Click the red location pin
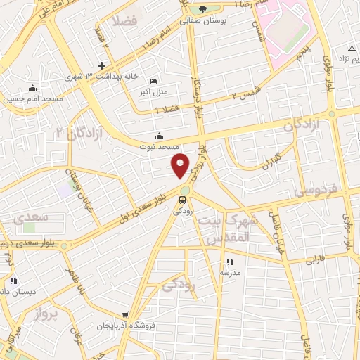pos(181,165)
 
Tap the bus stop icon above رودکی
pos(184,200)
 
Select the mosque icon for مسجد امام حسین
pos(32,89)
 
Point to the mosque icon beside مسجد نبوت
pos(159,136)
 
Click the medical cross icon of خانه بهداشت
pos(102,65)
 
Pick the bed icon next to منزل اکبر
pos(154,81)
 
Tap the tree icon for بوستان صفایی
pos(203,9)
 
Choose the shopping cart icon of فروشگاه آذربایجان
pos(125,316)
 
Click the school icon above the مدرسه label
pos(230,262)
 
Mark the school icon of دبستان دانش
pos(13,281)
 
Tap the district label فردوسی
pos(316,190)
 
